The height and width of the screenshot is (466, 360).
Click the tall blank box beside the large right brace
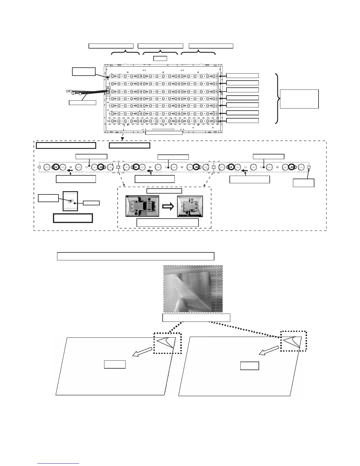click(x=299, y=99)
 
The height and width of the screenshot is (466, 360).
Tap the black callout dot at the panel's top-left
click(x=108, y=77)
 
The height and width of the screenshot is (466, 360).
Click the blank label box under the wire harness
click(x=82, y=103)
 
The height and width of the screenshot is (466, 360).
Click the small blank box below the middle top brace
click(x=160, y=58)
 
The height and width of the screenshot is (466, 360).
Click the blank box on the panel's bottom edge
click(x=164, y=133)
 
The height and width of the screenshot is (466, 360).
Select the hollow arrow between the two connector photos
click(x=168, y=207)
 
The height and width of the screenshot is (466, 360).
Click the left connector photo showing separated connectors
click(x=142, y=206)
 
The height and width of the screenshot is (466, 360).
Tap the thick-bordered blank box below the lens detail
click(x=73, y=218)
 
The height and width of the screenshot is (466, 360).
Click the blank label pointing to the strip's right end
click(x=304, y=183)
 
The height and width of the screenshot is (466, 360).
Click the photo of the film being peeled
click(x=193, y=289)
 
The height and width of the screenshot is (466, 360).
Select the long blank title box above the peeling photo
click(x=135, y=256)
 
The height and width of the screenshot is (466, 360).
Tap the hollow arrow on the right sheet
click(x=268, y=351)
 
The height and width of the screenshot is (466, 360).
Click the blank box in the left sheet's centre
click(x=115, y=364)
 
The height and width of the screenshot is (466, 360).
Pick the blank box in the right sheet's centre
click(x=249, y=366)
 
